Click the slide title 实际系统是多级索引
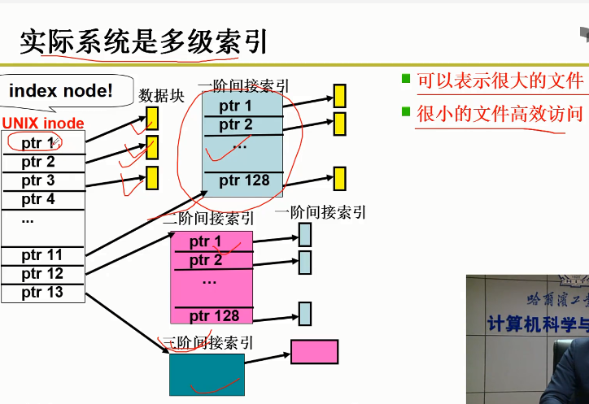[143, 41]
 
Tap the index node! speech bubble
[61, 91]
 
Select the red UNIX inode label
[42, 124]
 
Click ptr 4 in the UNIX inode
[38, 199]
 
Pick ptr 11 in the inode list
[41, 255]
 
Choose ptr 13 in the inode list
[41, 293]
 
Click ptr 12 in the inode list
[41, 274]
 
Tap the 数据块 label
[162, 96]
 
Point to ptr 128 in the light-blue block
[244, 180]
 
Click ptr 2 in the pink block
[206, 260]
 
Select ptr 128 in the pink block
[214, 316]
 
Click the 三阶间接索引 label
[209, 343]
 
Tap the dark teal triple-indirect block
[207, 374]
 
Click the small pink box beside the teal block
[314, 351]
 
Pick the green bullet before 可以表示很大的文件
[406, 79]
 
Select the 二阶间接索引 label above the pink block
[208, 219]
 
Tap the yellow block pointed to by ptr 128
[339, 177]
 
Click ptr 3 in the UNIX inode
[38, 180]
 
